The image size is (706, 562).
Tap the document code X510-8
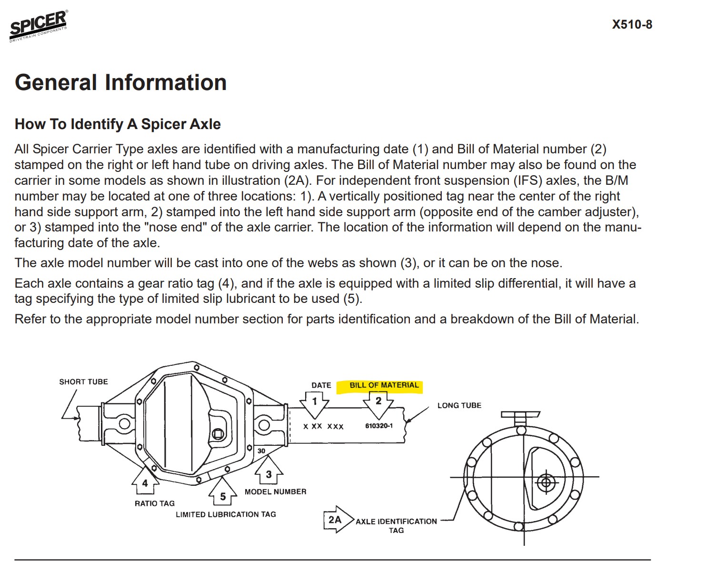tap(632, 25)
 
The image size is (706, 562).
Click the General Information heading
tap(120, 82)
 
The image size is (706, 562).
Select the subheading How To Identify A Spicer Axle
tap(118, 124)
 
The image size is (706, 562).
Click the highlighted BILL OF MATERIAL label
tap(384, 385)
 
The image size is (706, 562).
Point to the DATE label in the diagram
tap(321, 385)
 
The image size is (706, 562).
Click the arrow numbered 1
tap(315, 402)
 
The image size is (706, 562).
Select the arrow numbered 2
tap(378, 402)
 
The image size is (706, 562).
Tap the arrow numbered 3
tap(269, 472)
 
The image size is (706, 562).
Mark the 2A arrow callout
tap(337, 520)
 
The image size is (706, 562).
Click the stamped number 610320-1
tap(379, 426)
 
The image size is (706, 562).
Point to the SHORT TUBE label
tap(83, 382)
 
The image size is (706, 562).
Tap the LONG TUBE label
tap(459, 406)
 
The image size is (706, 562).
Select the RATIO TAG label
tap(155, 503)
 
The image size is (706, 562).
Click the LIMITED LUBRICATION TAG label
tap(226, 514)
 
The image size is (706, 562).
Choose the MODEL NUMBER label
tap(275, 492)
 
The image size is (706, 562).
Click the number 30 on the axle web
tap(261, 451)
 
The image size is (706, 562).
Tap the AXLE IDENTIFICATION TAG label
tap(396, 526)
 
